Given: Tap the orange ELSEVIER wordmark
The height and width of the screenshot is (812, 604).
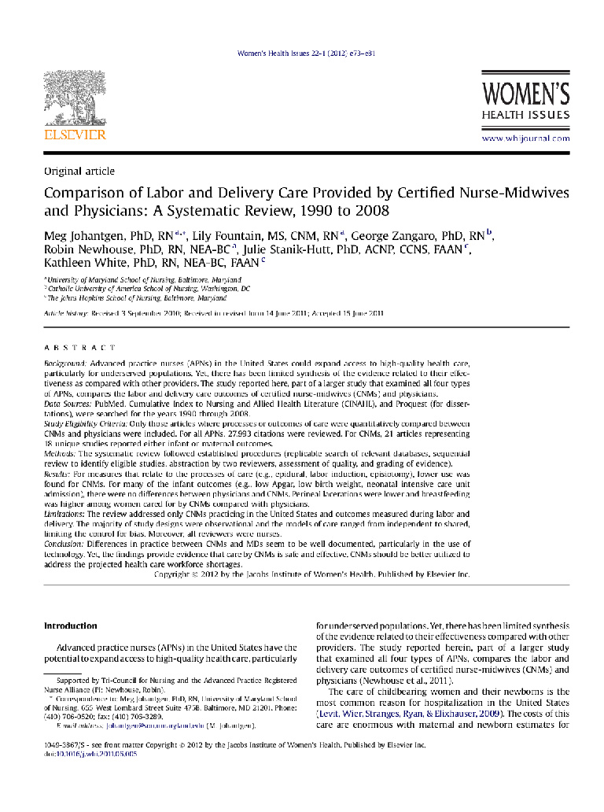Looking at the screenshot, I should click(x=74, y=135).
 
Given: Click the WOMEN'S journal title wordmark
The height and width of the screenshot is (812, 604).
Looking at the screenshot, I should click(x=525, y=95).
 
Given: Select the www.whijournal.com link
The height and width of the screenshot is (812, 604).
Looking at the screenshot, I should click(x=525, y=138).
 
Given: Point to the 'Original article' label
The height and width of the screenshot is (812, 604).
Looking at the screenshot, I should click(x=79, y=171).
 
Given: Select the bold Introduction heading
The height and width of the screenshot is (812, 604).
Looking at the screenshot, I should click(x=70, y=626).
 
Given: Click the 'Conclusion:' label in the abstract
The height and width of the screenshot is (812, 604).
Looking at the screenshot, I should click(x=65, y=543).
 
